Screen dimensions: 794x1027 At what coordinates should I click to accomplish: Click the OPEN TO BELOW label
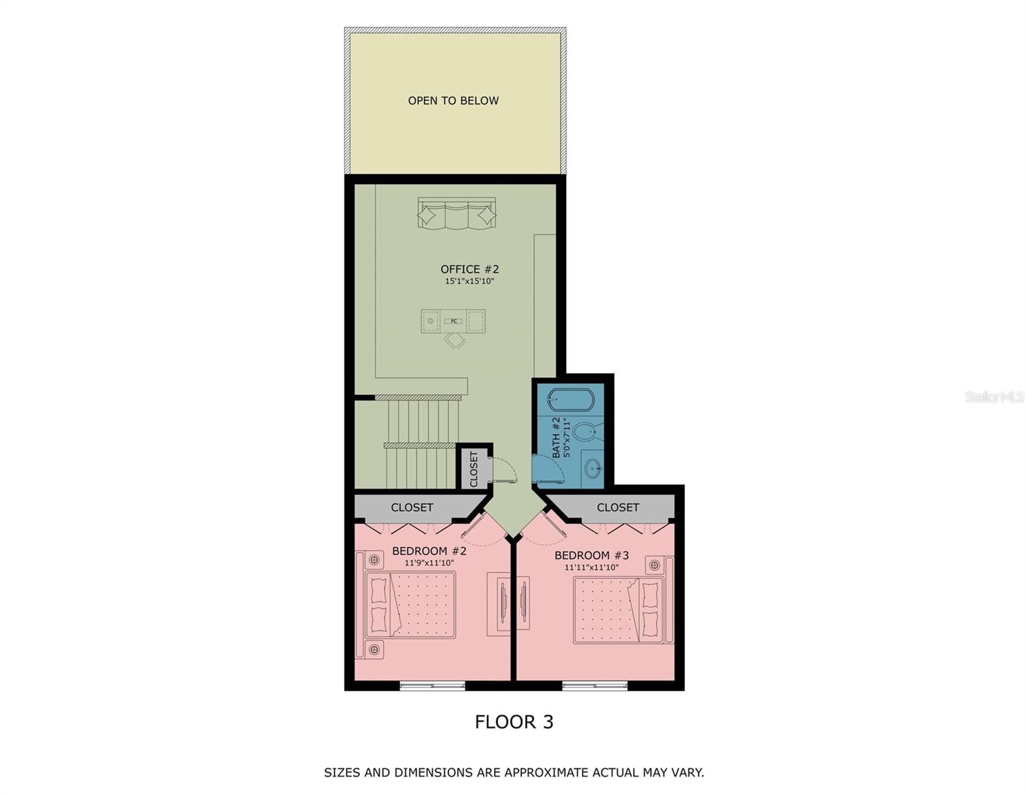point(453,101)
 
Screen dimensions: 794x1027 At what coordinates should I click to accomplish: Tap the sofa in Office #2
point(456,213)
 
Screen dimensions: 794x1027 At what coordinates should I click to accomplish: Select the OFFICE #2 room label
point(470,269)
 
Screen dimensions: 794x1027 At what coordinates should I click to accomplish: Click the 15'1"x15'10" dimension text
point(470,281)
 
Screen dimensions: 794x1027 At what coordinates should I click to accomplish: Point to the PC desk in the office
point(454,321)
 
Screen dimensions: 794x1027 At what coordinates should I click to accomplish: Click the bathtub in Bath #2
point(572,400)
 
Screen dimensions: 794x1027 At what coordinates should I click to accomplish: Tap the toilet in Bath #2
point(585,433)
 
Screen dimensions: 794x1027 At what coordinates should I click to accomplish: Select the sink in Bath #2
point(593,469)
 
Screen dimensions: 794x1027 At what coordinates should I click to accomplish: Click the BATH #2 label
point(556,437)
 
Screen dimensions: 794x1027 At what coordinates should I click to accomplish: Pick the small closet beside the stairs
point(474,468)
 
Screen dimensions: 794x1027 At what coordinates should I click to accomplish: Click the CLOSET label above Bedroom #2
point(411,507)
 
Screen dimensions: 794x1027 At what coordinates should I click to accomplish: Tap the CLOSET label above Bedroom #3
point(618,507)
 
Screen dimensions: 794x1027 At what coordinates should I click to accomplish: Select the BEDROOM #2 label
point(429,551)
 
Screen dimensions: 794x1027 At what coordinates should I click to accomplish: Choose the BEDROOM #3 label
point(591,555)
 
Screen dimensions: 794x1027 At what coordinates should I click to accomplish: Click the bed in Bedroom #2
point(411,605)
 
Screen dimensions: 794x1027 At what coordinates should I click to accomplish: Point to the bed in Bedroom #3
point(618,609)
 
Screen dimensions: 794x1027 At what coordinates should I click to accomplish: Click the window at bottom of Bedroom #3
point(595,686)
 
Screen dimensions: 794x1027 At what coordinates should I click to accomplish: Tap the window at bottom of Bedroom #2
point(432,686)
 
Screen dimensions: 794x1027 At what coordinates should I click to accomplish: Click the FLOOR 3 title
point(514,722)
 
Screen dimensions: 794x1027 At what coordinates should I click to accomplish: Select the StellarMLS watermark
point(994,397)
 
